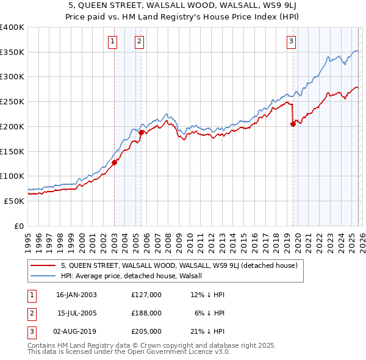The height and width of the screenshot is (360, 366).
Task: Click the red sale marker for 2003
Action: point(114,162)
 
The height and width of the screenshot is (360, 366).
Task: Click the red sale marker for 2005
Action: point(141,132)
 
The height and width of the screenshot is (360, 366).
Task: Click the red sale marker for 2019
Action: point(293,124)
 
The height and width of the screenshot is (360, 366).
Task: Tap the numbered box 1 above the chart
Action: point(113,41)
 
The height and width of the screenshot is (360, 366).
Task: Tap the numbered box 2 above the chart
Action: point(140,41)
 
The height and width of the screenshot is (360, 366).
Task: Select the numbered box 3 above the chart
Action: point(292,41)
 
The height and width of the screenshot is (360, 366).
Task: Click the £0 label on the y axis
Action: point(20,226)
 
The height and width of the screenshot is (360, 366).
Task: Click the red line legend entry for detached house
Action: point(178,265)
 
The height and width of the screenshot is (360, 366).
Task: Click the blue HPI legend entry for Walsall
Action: point(135,276)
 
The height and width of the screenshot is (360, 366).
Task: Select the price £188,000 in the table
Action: point(146,313)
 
